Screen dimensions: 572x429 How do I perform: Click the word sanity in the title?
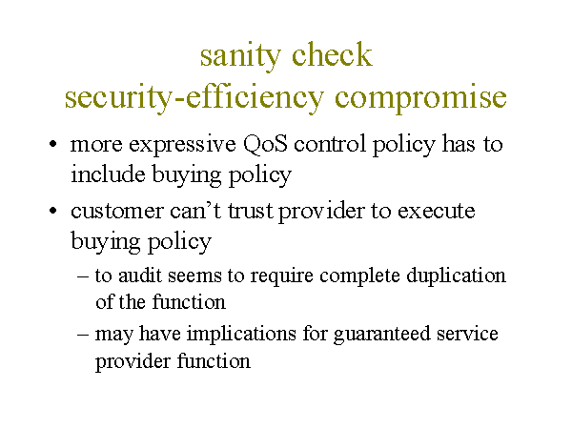coord(240,56)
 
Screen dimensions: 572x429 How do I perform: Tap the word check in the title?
coord(332,54)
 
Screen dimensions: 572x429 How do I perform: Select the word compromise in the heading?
coord(420,98)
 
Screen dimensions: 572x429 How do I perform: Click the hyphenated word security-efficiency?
coord(194,97)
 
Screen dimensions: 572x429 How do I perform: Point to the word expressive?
coord(182,145)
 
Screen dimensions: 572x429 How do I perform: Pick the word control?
coord(330,144)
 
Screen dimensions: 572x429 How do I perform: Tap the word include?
coord(108,174)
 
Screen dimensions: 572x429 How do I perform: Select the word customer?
coord(116,212)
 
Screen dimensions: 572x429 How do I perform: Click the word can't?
coord(195,211)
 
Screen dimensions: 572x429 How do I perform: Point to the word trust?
coord(251,212)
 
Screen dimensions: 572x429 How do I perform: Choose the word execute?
coord(437,212)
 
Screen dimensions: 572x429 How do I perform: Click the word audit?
coord(140,276)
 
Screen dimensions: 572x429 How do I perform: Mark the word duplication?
coord(457,276)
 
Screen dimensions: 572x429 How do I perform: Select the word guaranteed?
coord(382,335)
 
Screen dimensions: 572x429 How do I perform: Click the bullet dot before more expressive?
coord(53,144)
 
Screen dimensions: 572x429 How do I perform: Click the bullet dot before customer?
coord(53,211)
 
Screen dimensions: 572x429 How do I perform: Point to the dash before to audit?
coord(83,276)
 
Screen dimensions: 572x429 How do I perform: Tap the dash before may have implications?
coord(83,335)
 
